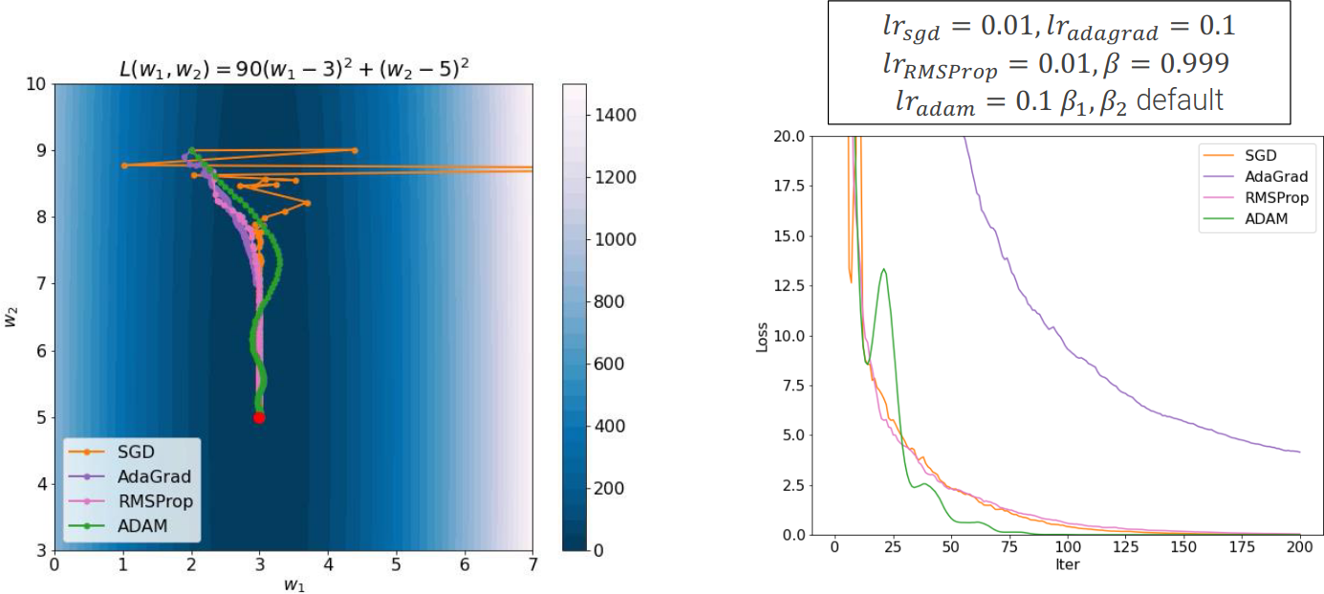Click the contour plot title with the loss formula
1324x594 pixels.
coord(292,69)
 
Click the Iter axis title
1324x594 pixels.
coord(1067,564)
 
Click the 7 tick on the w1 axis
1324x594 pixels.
coord(532,565)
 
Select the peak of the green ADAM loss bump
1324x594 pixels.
coord(884,270)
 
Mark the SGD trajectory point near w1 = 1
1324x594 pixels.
coord(124,165)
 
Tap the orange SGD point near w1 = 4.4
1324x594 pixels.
coord(355,150)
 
